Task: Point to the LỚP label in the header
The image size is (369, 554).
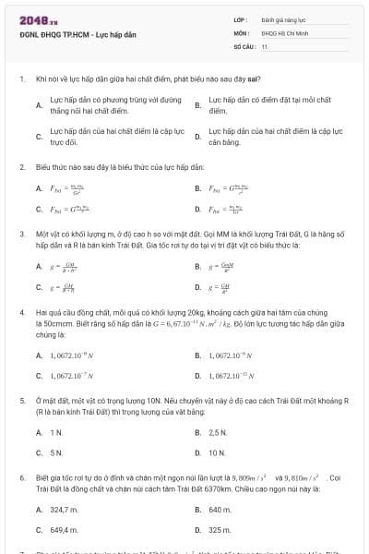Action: tap(240, 18)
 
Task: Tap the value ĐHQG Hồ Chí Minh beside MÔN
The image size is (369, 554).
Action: tap(281, 31)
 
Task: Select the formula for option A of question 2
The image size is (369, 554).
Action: tap(62, 189)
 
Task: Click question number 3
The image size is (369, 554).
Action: tap(21, 235)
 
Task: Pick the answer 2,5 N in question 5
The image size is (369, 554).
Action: tap(218, 432)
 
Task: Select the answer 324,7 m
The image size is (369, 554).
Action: tap(65, 509)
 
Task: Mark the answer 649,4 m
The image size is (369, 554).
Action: tap(65, 531)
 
